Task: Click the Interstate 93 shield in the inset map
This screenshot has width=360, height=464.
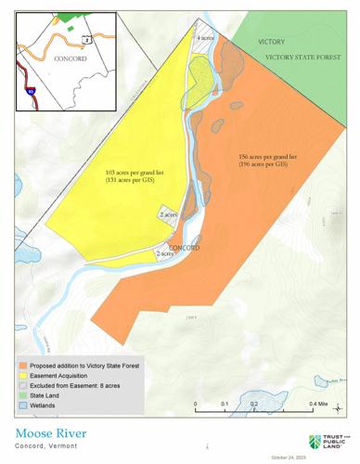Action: click(x=29, y=93)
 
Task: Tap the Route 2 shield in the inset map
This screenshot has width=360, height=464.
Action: click(x=86, y=40)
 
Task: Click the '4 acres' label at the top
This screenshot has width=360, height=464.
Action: click(x=207, y=39)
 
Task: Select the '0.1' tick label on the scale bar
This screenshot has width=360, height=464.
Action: click(x=225, y=405)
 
